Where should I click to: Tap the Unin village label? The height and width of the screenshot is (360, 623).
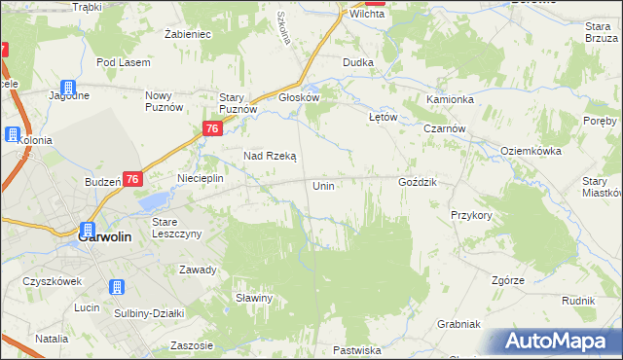[x=324, y=185]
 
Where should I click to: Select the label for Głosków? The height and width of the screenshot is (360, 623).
[x=299, y=97]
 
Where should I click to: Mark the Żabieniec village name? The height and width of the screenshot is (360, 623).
[x=188, y=33]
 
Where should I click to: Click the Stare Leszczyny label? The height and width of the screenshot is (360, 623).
[x=176, y=228]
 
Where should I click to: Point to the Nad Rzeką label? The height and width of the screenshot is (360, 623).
[x=270, y=156]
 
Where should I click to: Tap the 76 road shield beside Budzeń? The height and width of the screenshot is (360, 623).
[x=132, y=179]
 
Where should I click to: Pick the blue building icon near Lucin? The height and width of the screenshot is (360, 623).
[x=116, y=287]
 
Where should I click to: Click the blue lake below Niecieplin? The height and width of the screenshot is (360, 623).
[x=153, y=201]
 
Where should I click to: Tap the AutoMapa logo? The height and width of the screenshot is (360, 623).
[x=560, y=342]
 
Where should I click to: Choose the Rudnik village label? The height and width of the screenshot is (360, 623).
[x=578, y=301]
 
